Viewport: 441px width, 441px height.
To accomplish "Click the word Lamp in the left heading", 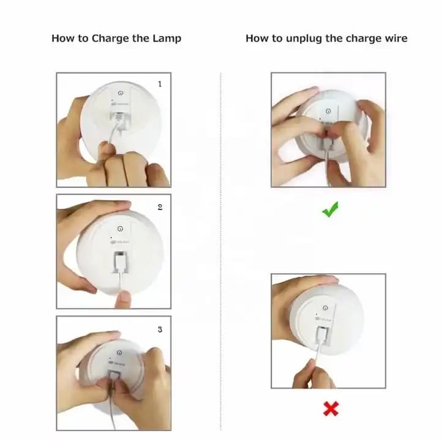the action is pyautogui.click(x=167, y=39).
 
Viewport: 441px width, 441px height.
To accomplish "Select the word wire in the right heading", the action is pyautogui.click(x=396, y=38).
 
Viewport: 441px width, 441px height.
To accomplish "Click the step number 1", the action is pyautogui.click(x=160, y=84).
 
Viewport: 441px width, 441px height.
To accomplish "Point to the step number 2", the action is pyautogui.click(x=160, y=207).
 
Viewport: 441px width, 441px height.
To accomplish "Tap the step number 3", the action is pyautogui.click(x=160, y=330).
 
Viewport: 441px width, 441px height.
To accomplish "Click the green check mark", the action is pyautogui.click(x=330, y=209).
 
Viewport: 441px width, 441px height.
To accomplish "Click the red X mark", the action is pyautogui.click(x=331, y=409).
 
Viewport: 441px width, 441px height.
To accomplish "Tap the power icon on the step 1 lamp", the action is pyautogui.click(x=121, y=93).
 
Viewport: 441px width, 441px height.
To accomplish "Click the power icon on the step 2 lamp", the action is pyautogui.click(x=120, y=228).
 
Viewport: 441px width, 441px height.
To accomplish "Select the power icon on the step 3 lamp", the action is pyautogui.click(x=119, y=353).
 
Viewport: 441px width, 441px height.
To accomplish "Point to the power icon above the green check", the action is pyautogui.click(x=328, y=111).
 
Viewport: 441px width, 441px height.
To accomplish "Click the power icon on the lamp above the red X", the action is pyautogui.click(x=325, y=308).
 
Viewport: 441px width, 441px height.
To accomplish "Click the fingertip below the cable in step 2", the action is pyautogui.click(x=123, y=300).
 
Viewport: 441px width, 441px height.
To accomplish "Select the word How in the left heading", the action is pyautogui.click(x=61, y=38).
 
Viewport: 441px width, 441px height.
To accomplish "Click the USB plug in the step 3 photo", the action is pyautogui.click(x=113, y=377).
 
